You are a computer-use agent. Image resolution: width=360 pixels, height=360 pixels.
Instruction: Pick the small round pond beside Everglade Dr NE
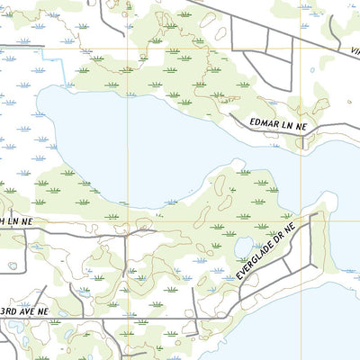(x=243, y=247)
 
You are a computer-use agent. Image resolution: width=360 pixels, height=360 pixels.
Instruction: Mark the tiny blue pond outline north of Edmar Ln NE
(x=313, y=69)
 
